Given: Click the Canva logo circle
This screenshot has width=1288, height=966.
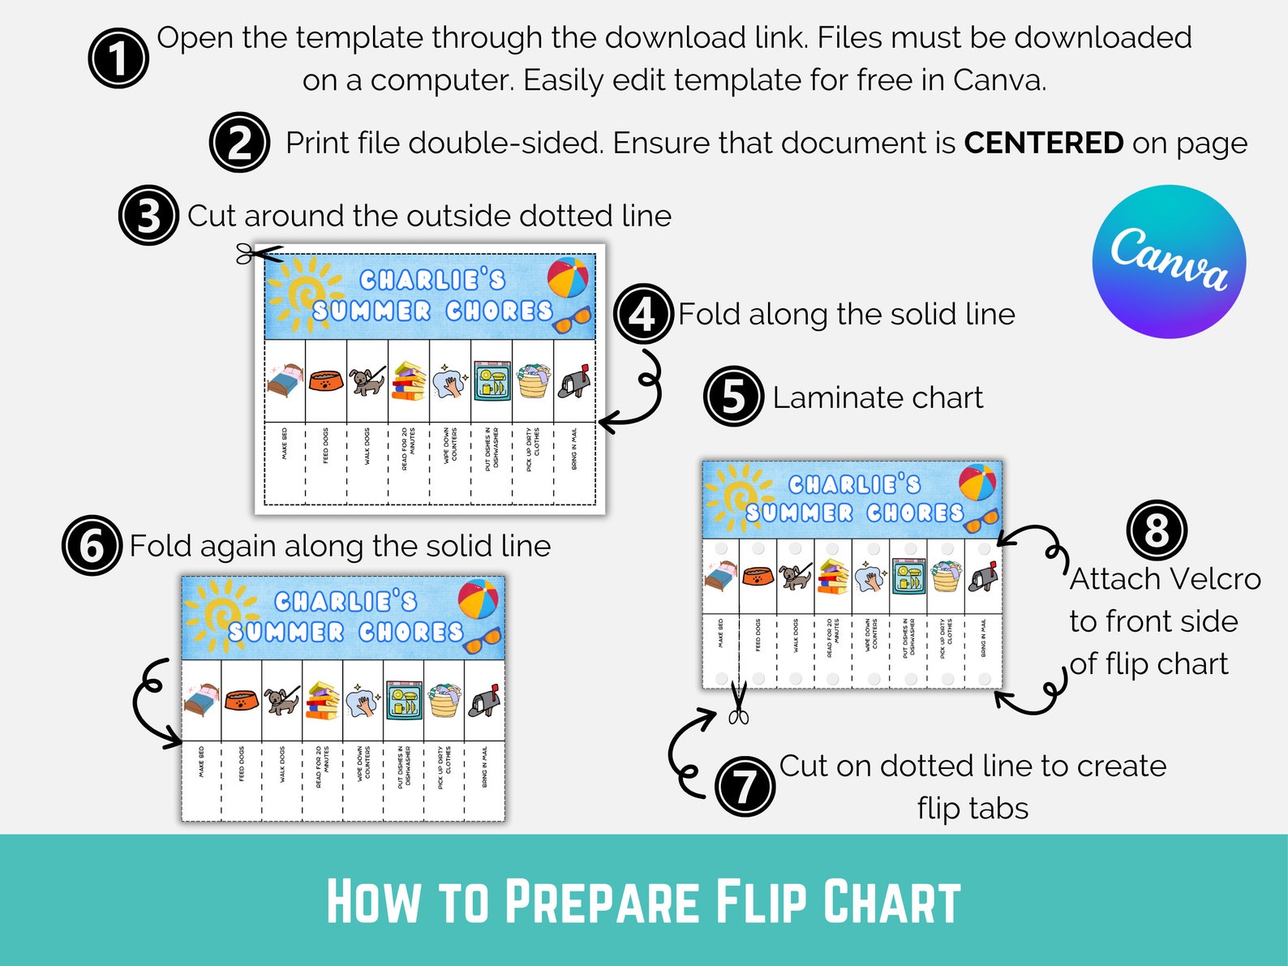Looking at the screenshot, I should (1169, 261).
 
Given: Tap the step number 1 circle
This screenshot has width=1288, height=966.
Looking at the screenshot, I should (118, 58).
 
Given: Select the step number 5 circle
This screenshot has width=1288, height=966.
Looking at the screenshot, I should (733, 397).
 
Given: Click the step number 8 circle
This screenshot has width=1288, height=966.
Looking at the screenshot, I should (1156, 530).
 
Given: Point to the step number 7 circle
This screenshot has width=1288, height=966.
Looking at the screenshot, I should (745, 785).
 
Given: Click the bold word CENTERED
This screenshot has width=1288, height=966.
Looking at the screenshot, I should (1043, 144).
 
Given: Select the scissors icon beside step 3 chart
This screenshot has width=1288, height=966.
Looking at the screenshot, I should (258, 254).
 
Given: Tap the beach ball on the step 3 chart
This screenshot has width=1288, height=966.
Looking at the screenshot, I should (568, 278).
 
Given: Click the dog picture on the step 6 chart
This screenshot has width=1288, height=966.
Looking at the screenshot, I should (281, 700).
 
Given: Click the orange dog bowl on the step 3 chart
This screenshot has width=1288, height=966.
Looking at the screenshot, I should (326, 380).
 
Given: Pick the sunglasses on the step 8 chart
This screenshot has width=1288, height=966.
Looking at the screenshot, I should (981, 519).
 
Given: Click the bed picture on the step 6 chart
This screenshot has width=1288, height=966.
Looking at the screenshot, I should (201, 700).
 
